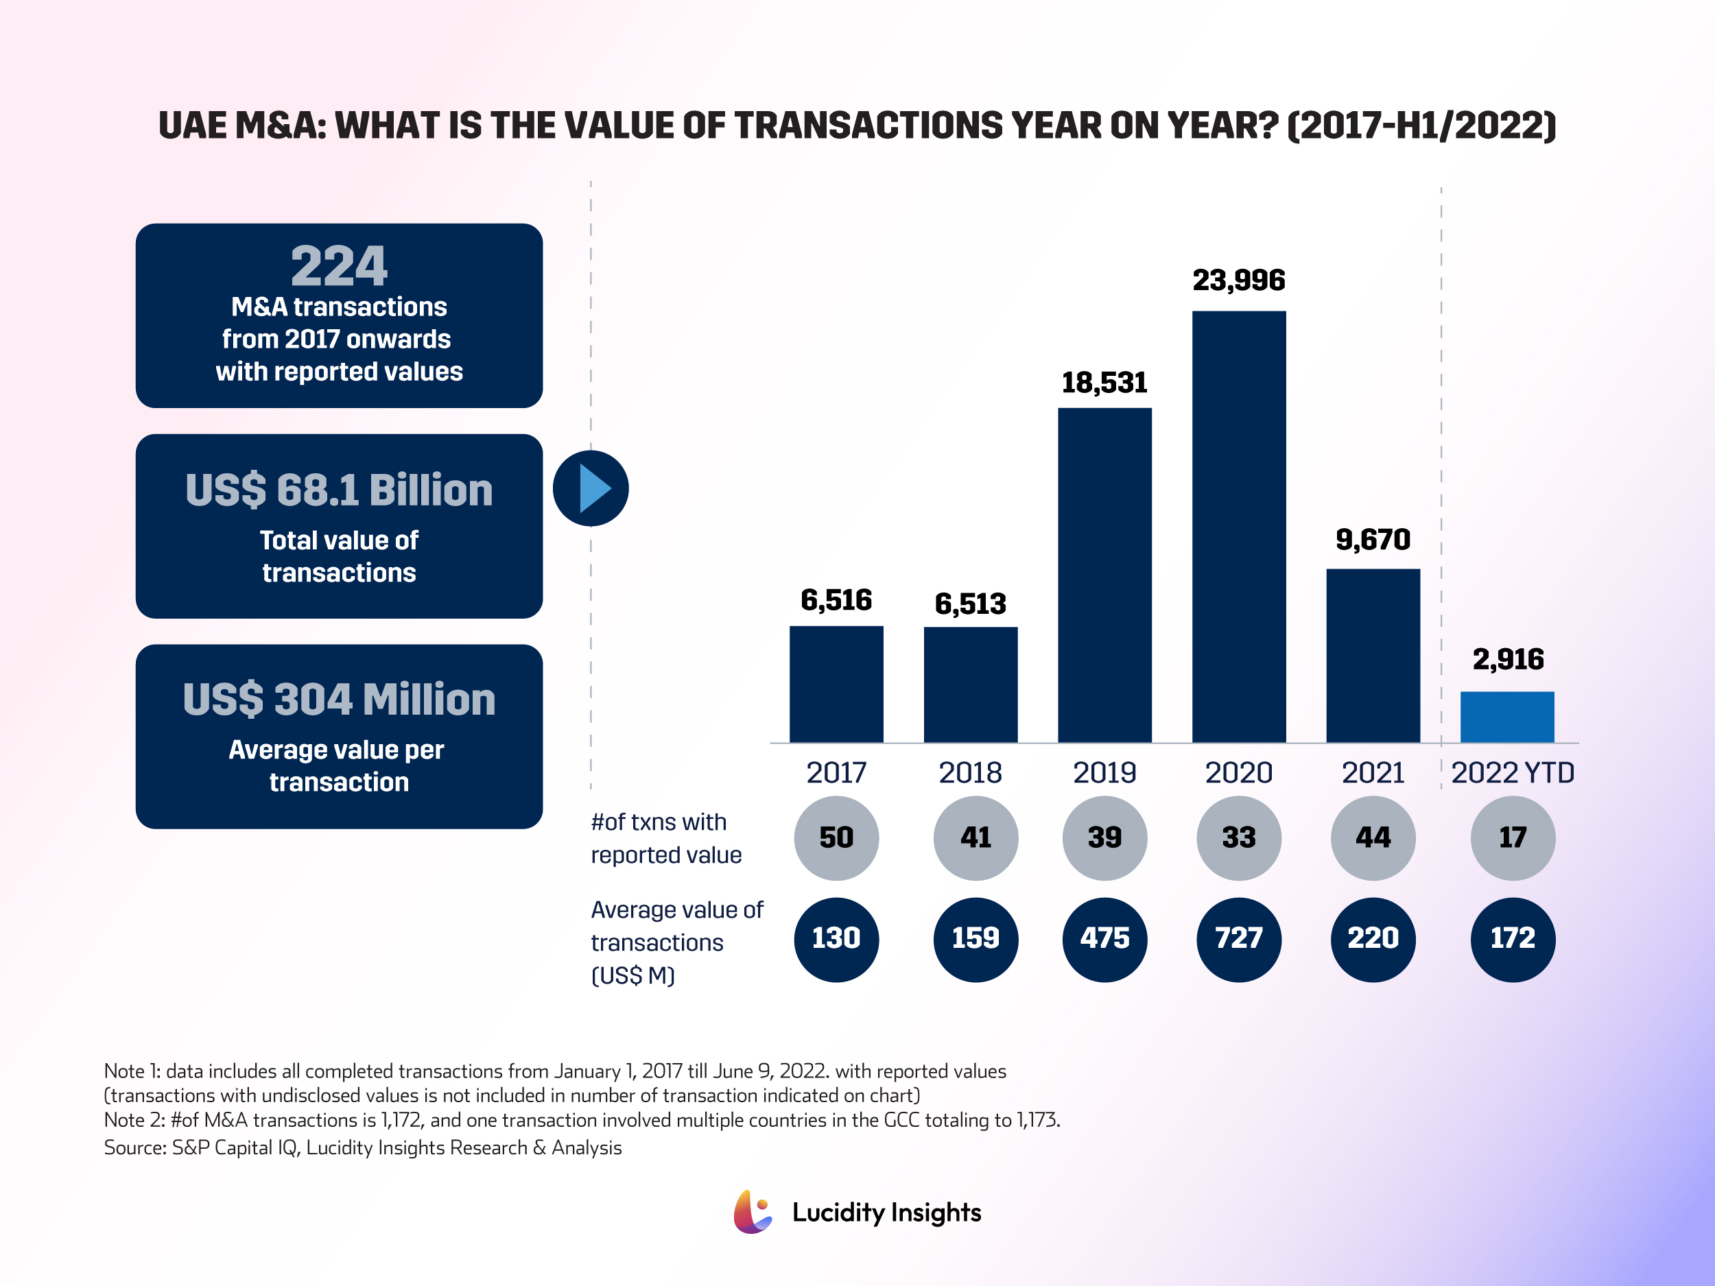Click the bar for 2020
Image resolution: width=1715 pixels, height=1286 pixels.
click(x=1238, y=527)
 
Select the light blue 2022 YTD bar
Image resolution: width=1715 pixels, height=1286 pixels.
click(x=1506, y=717)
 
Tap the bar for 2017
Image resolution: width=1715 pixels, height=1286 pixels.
click(x=836, y=684)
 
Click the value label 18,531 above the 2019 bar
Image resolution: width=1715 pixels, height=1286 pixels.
click(x=1104, y=382)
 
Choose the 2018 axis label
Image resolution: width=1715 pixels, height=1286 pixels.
click(x=970, y=773)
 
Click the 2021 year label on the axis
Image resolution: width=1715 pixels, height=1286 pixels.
click(x=1372, y=773)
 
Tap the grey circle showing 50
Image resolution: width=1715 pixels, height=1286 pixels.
click(x=836, y=838)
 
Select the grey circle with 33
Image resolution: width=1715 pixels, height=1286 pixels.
click(x=1238, y=838)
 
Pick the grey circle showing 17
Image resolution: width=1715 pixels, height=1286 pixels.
click(x=1512, y=838)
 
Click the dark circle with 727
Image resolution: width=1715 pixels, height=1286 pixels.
click(x=1238, y=939)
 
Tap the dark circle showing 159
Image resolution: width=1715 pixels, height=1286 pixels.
click(x=975, y=939)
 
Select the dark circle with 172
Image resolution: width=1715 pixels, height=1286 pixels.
click(x=1512, y=939)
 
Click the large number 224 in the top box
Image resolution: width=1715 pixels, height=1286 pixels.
click(x=339, y=266)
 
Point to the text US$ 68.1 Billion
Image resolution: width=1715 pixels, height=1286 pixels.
click(x=339, y=490)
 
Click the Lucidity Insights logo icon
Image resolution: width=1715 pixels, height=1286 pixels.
click(x=752, y=1212)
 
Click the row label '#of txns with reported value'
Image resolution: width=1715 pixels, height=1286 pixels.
click(x=665, y=838)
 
